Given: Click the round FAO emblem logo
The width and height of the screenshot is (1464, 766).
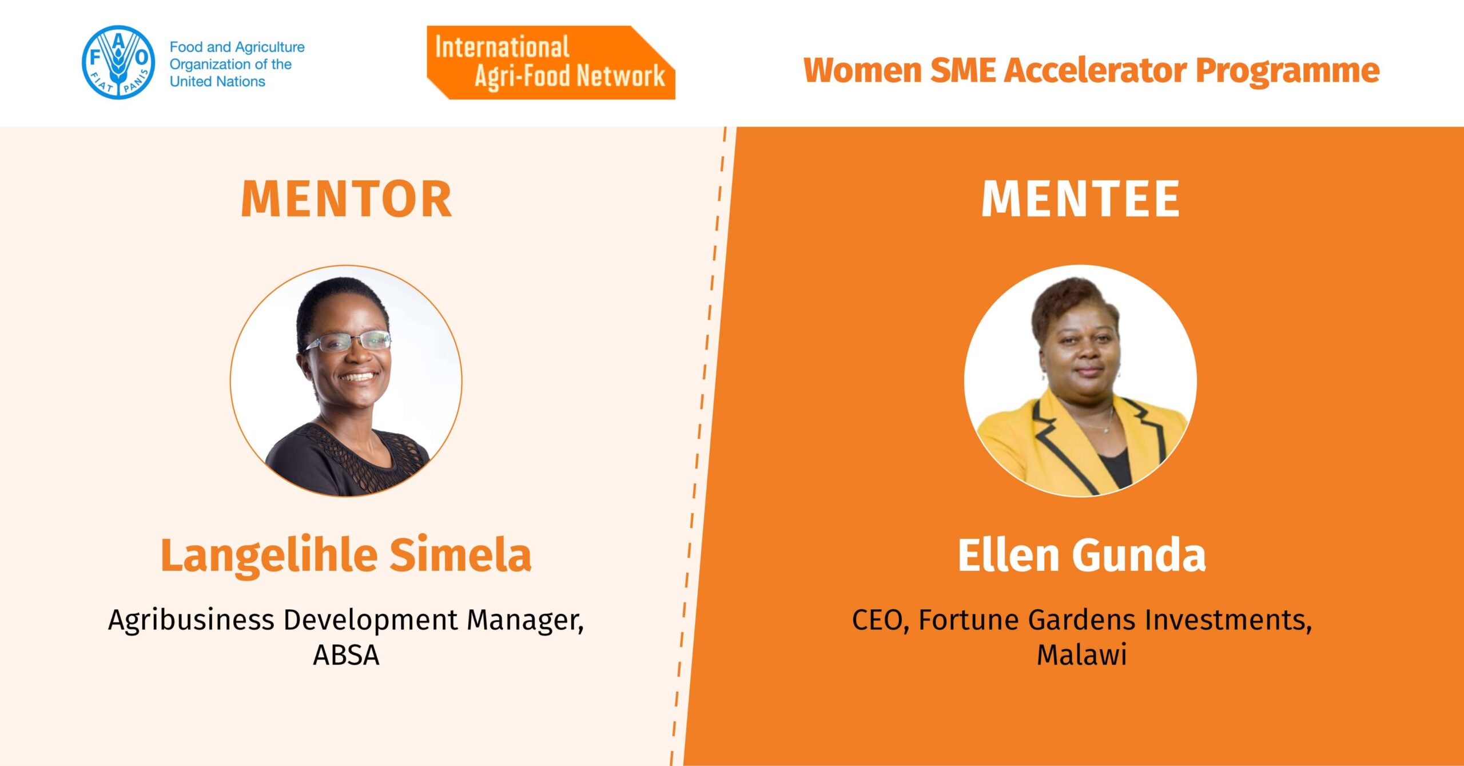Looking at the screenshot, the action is (118, 62).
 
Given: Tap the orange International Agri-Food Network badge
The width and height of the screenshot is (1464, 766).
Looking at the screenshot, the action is (551, 62).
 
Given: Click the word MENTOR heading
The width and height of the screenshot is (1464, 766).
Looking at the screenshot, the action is (347, 199).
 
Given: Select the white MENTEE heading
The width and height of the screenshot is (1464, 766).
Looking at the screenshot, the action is (1080, 199).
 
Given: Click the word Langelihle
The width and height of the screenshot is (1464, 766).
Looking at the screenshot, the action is (269, 555).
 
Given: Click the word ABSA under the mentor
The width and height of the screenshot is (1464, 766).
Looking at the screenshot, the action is (346, 655).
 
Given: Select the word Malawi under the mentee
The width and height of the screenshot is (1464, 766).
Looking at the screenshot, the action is (1082, 655).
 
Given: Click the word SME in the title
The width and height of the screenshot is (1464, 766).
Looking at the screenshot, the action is (963, 70).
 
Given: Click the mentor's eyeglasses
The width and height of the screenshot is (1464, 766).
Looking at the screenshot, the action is (347, 342).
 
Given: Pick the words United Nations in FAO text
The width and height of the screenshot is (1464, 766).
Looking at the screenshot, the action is (217, 82).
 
